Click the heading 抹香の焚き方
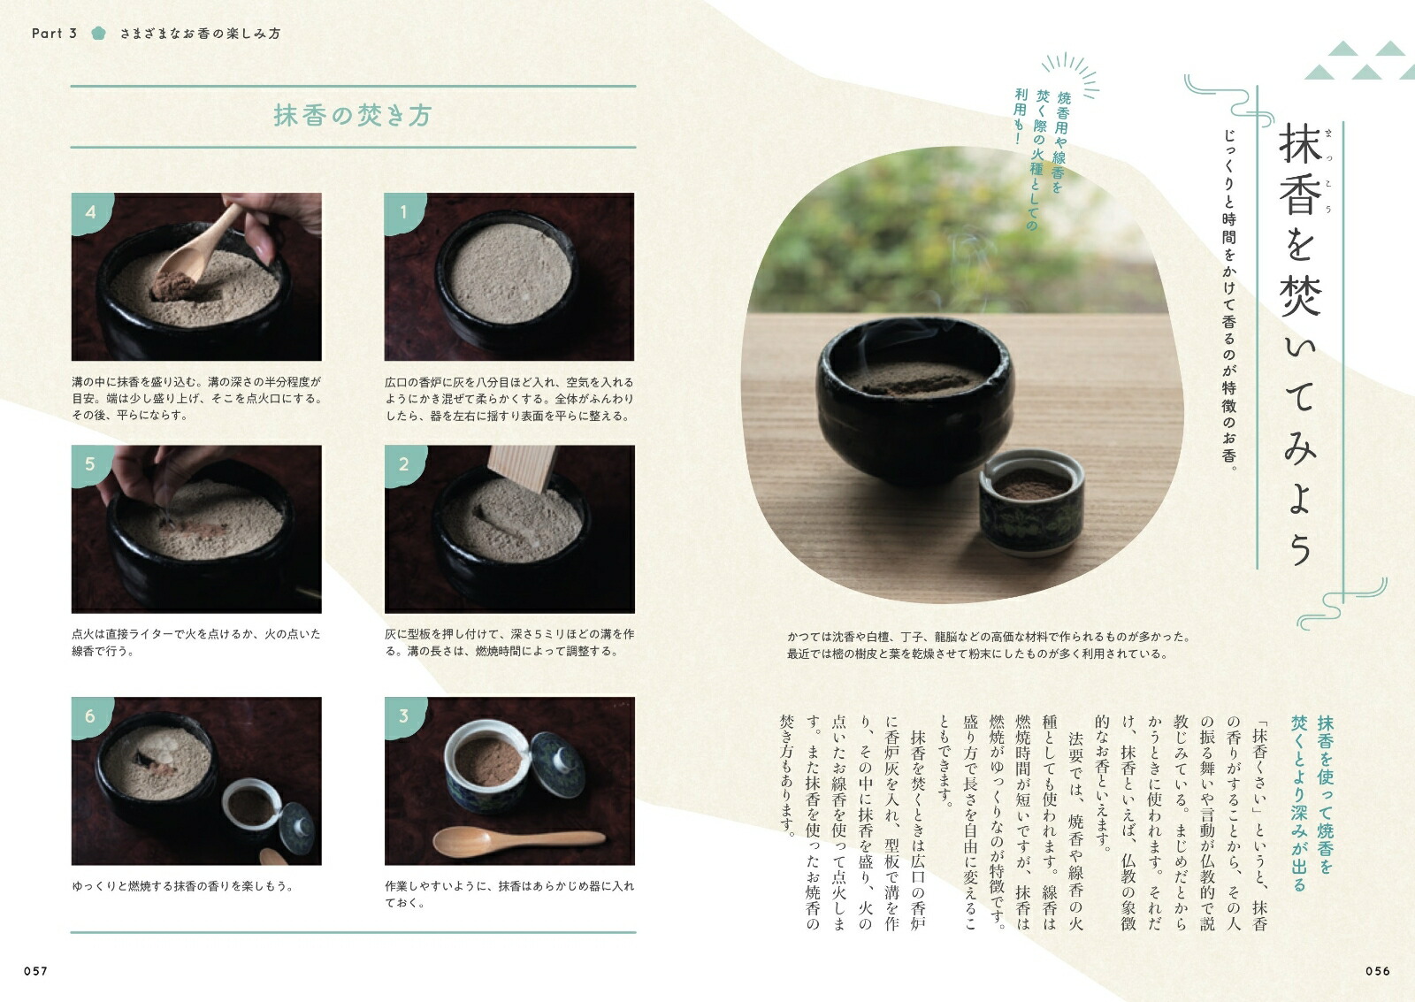click(x=353, y=116)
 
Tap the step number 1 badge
click(x=404, y=213)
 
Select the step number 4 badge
click(x=91, y=213)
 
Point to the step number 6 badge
click(x=91, y=717)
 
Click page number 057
click(x=36, y=971)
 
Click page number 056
click(x=1378, y=971)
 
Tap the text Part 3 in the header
click(x=54, y=34)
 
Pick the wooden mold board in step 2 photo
click(x=522, y=468)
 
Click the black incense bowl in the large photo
click(x=914, y=399)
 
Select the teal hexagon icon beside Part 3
click(x=98, y=34)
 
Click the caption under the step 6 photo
click(x=183, y=886)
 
